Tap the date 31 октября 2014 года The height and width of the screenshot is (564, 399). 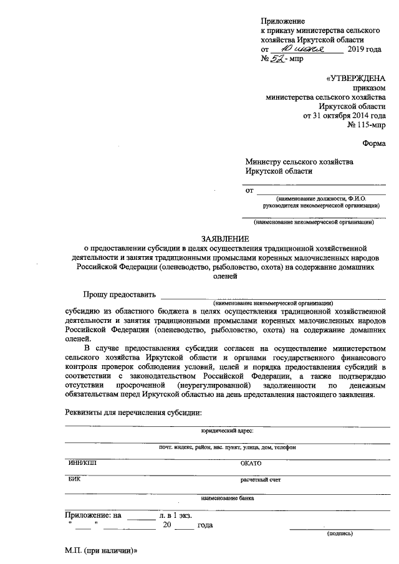[344, 116]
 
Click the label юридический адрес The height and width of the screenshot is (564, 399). [227, 431]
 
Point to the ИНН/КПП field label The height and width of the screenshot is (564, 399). [82, 463]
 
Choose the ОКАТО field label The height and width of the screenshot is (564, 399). [251, 464]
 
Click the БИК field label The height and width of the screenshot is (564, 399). [74, 480]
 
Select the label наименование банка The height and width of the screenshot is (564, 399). [227, 498]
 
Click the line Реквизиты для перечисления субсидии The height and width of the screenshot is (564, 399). [134, 413]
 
